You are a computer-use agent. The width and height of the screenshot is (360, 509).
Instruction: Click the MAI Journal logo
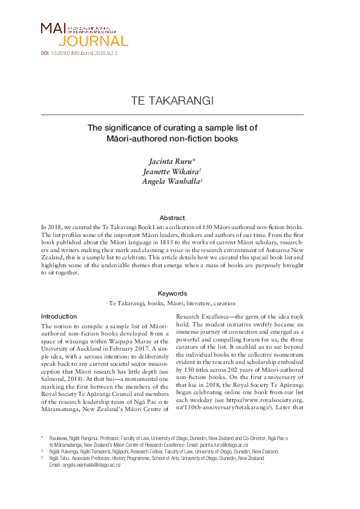[84, 34]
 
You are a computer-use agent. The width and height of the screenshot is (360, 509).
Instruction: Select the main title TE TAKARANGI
[172, 100]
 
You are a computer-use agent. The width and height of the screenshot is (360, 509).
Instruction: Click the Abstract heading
[172, 218]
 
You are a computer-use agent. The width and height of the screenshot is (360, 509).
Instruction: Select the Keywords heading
[172, 293]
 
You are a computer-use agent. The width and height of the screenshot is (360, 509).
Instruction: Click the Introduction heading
[59, 317]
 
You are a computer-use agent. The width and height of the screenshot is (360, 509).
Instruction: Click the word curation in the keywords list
[222, 303]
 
